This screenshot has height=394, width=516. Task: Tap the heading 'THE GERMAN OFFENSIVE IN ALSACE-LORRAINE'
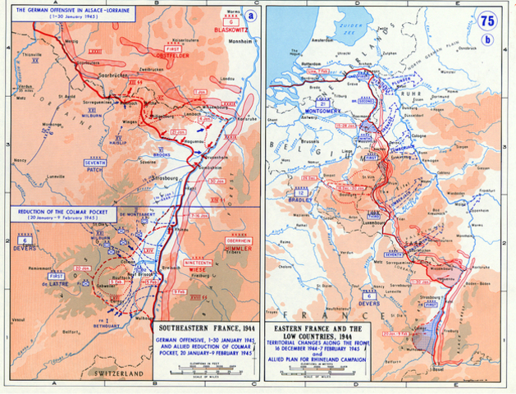53,8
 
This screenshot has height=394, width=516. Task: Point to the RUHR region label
414,105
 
